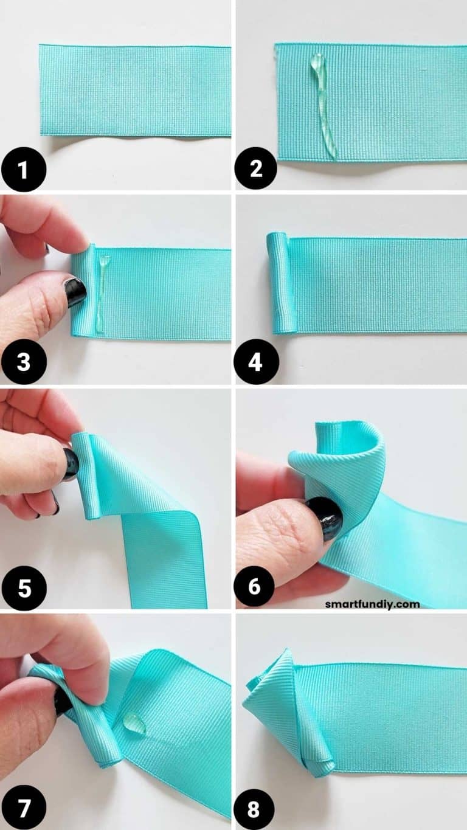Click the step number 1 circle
[23, 168]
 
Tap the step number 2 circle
[256, 168]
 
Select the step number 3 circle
[23, 363]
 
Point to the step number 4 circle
[256, 363]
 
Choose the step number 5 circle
[23, 588]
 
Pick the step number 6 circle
[256, 587]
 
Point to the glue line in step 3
[102, 292]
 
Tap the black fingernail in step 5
[71, 463]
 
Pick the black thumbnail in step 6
[325, 517]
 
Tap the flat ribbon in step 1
[135, 90]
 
